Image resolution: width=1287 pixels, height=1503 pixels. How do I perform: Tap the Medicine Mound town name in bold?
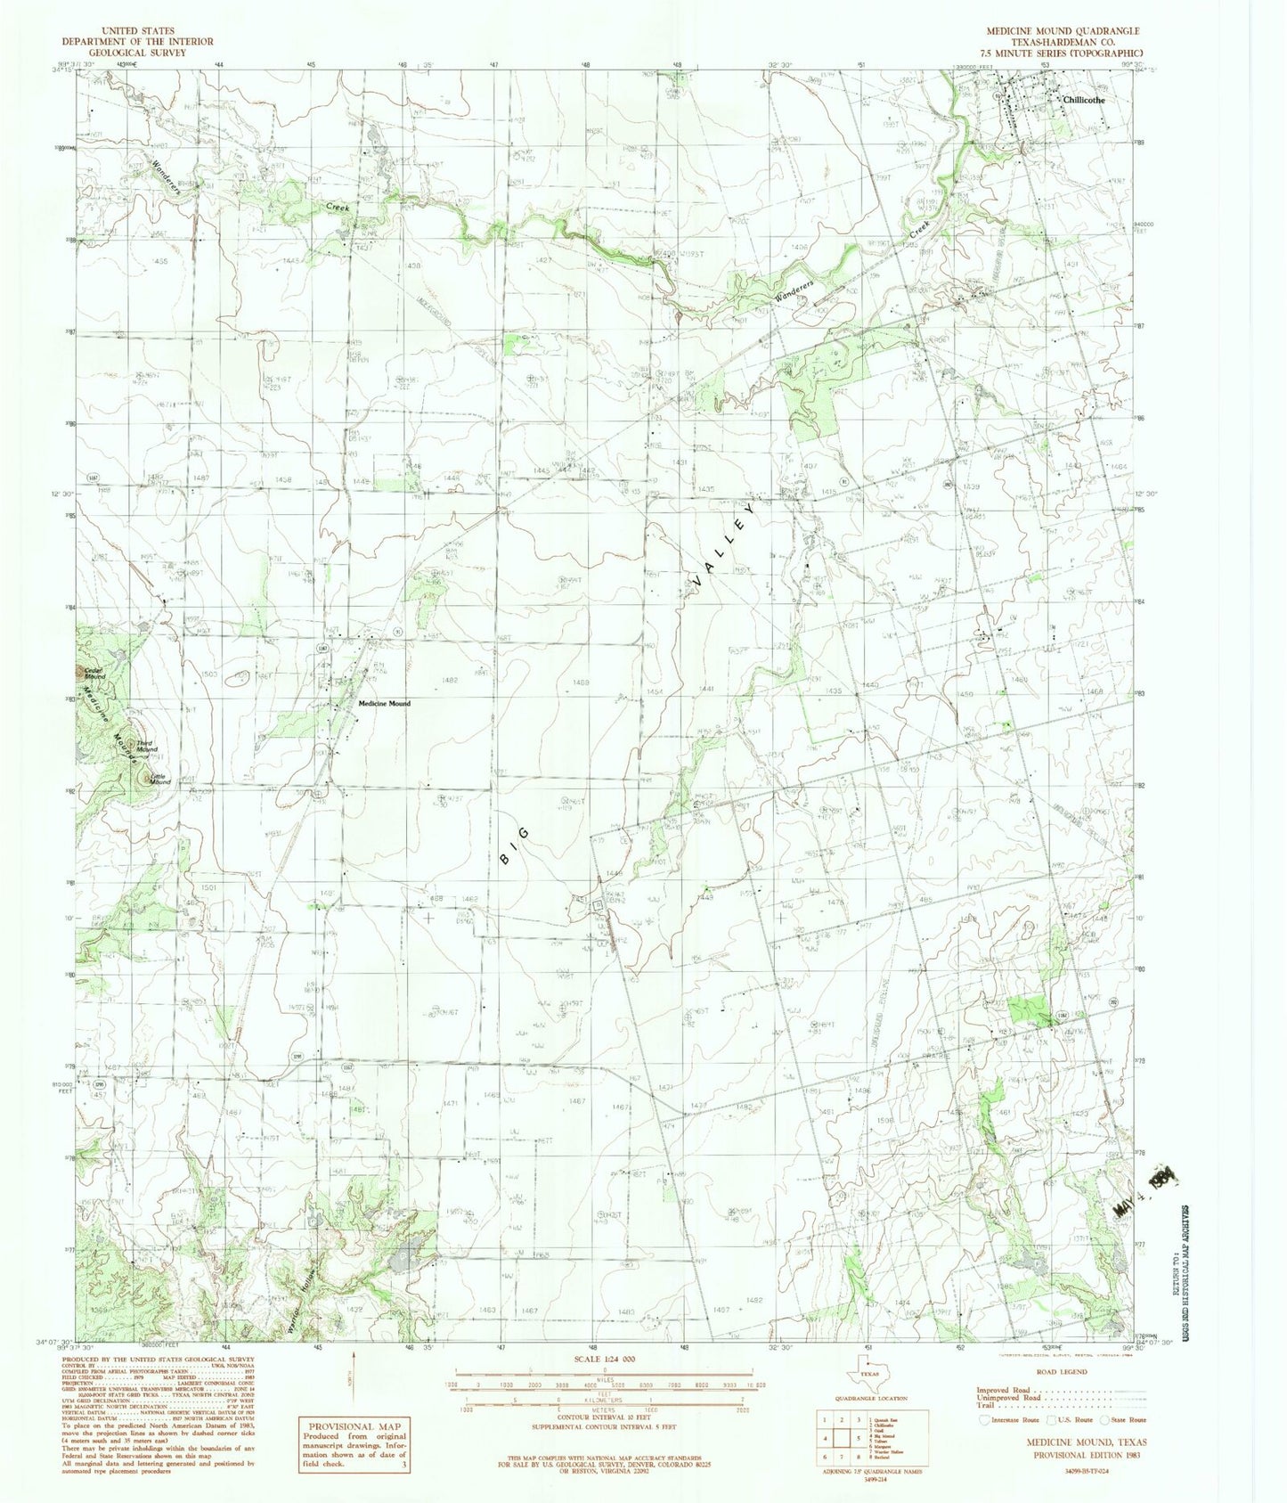(x=384, y=704)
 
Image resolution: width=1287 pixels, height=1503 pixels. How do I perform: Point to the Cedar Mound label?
(x=94, y=674)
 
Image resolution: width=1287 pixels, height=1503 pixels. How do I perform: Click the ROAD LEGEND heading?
(x=1062, y=1372)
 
